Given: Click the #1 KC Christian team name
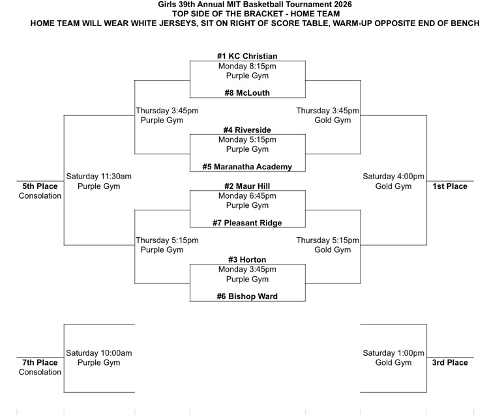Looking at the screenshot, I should tap(247, 56).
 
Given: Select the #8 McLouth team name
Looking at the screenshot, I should tap(247, 93).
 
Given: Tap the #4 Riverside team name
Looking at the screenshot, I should tap(247, 130).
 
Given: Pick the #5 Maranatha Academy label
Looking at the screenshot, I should tap(247, 167).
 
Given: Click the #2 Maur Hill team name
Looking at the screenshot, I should tap(247, 186).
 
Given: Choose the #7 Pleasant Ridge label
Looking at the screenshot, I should tap(247, 223).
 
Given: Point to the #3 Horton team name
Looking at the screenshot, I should tap(247, 259).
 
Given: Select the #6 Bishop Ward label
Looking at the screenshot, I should tap(247, 296).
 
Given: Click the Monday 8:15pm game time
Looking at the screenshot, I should tap(247, 66).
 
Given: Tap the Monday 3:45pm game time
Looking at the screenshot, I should tap(247, 269).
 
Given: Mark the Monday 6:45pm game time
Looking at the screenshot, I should tap(247, 195).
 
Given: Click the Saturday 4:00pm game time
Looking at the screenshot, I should tap(393, 177).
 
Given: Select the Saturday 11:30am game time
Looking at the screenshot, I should tap(99, 177).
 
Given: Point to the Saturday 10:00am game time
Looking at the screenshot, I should tap(99, 353).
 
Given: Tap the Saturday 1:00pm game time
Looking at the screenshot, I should tap(393, 353).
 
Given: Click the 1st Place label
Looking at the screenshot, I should tap(450, 186).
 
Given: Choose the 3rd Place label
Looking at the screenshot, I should tap(450, 363).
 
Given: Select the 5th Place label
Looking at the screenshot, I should tap(40, 186).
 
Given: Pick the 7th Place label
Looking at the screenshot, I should tap(40, 363).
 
